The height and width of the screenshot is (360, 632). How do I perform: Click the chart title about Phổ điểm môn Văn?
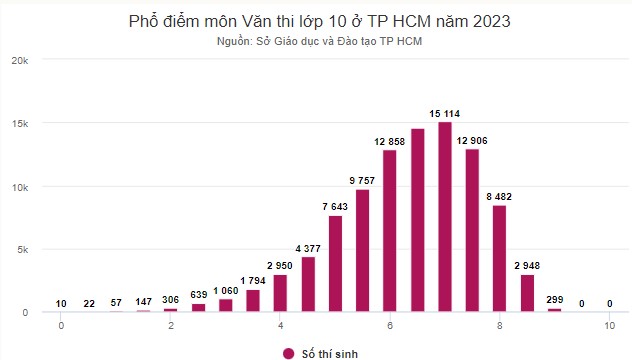tap(316, 21)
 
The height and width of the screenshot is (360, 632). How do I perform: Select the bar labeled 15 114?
tap(445, 217)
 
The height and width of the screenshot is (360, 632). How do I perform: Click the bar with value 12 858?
tap(390, 231)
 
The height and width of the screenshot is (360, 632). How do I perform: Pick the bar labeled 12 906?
tap(472, 230)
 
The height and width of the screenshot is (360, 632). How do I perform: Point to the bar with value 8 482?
tap(500, 258)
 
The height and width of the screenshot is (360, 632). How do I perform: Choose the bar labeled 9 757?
tap(362, 250)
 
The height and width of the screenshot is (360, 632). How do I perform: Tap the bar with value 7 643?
tap(335, 264)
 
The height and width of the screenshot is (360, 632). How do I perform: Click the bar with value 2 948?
tap(527, 293)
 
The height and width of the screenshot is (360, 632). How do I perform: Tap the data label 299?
tap(554, 299)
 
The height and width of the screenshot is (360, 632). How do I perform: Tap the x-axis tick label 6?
tap(390, 326)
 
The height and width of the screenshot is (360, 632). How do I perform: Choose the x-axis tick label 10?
tap(608, 326)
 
